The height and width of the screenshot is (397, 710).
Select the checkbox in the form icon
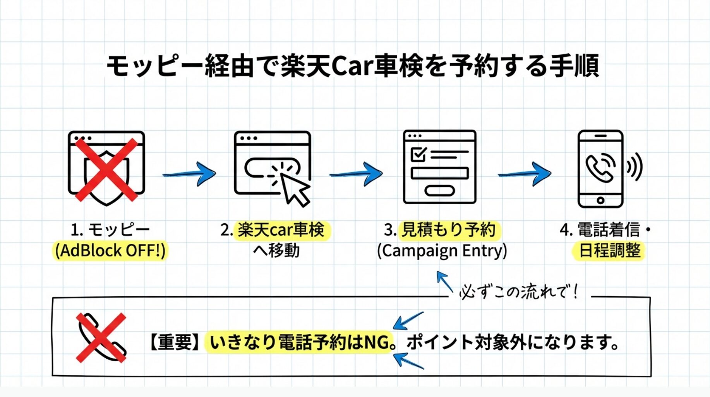click(418, 154)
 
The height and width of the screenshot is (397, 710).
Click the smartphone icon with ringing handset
click(600, 169)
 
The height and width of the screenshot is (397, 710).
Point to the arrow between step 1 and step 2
click(190, 174)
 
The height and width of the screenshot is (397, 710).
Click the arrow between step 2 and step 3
click(356, 174)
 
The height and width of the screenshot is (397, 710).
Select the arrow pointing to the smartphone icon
click(525, 174)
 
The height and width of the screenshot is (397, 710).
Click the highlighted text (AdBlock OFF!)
click(110, 250)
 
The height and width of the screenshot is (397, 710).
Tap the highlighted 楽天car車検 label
click(281, 230)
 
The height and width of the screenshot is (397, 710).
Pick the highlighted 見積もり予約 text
click(448, 230)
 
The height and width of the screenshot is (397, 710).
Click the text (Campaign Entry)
click(442, 251)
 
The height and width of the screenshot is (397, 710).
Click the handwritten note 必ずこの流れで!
click(519, 292)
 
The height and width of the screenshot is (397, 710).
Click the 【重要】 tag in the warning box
click(175, 342)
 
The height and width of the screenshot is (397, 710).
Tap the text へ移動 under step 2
click(276, 251)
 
